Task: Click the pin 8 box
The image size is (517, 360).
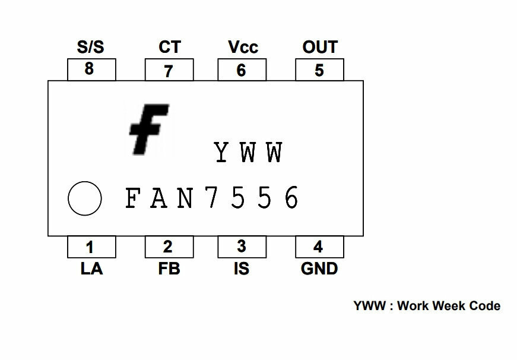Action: point(91,70)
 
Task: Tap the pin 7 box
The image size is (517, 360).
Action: point(169,71)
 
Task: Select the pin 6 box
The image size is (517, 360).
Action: point(241,70)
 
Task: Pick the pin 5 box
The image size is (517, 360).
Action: point(319,70)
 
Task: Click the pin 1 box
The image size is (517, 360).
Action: point(90,246)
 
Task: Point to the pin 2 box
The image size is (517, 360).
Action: point(168,246)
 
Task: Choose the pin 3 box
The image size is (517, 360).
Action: point(241,246)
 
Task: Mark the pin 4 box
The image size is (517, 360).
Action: point(319,246)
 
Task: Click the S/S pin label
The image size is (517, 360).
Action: point(91,47)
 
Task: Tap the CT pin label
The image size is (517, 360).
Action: point(169,47)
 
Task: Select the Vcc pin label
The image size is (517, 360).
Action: point(243,47)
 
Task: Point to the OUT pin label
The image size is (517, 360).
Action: point(319,47)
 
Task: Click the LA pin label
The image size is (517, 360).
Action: point(91,269)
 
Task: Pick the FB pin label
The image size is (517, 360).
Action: point(169,269)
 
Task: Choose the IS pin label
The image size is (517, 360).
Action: point(241,269)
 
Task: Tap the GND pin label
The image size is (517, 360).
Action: point(319,269)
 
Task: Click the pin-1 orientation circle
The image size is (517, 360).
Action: point(85,198)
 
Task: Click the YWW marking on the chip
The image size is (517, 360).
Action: point(248,153)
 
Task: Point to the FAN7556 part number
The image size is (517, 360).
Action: point(212,198)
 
